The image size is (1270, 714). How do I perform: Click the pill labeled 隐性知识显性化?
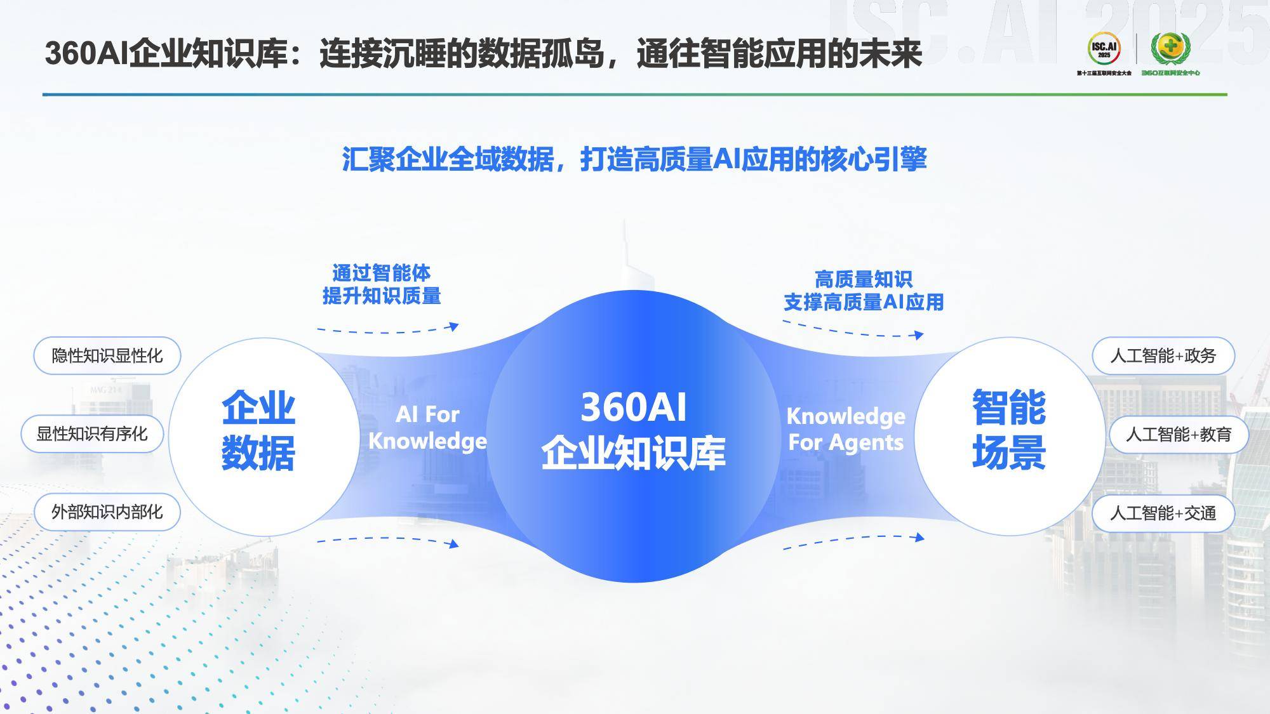(107, 355)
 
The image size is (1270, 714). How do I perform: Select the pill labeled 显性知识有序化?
(92, 434)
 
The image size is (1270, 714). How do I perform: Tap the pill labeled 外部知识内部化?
(107, 512)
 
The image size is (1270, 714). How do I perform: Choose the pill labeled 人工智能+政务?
(1163, 356)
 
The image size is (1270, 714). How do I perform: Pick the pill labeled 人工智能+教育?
(1179, 435)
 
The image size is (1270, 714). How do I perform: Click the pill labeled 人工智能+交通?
(1163, 513)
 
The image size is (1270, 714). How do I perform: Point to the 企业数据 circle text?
(258, 431)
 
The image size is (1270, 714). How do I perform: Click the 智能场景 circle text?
(1009, 431)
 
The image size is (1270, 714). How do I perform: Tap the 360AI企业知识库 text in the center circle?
(633, 431)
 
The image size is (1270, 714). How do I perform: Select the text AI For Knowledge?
(427, 428)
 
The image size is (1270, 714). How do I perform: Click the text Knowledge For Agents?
(846, 429)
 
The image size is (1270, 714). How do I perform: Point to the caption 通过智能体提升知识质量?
(382, 284)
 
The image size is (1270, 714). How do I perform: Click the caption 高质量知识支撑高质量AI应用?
(864, 291)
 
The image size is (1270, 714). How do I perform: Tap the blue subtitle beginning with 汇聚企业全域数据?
(634, 159)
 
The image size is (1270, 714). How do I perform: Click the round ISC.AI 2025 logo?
(1104, 48)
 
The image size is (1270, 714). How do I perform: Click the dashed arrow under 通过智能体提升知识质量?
(388, 330)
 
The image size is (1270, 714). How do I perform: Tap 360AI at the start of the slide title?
(87, 53)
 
